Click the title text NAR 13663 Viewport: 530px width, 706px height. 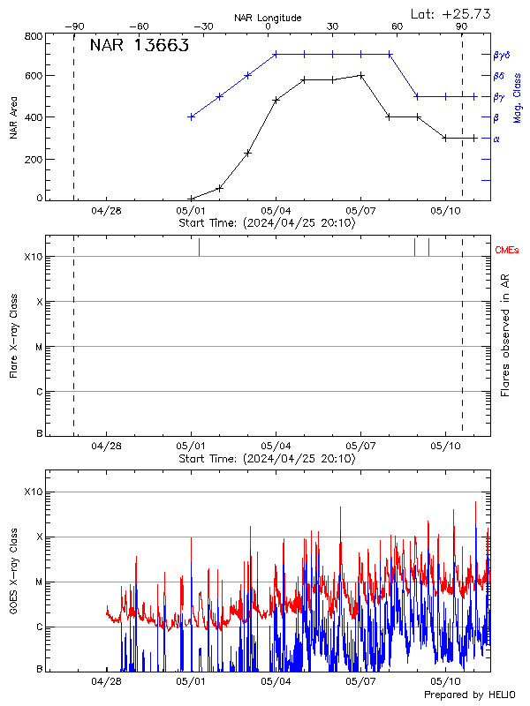coord(139,47)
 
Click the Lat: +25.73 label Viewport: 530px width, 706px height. coord(451,13)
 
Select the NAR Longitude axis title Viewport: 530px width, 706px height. coord(268,18)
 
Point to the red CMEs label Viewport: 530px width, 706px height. coord(507,250)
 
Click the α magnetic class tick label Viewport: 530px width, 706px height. coord(496,139)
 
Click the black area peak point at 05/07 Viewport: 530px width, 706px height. coord(361,75)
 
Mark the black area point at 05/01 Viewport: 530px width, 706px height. coord(191,199)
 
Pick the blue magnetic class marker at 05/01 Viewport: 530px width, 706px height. coord(191,116)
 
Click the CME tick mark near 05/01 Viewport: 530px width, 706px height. coord(199,247)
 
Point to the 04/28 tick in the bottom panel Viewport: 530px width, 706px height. coord(106,680)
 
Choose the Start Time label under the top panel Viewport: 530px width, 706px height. coord(267,223)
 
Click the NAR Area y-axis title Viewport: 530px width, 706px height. coord(12,117)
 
